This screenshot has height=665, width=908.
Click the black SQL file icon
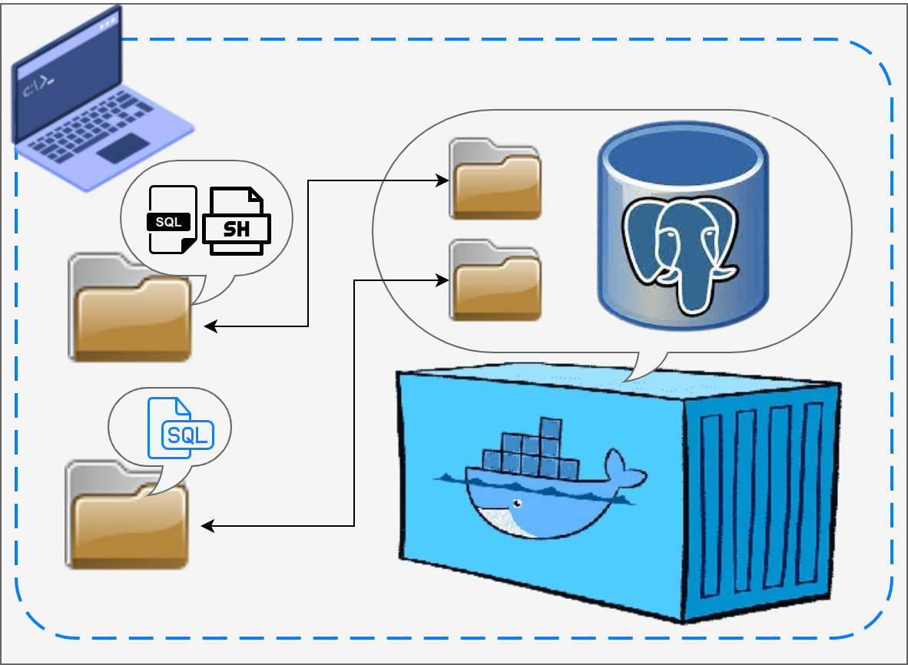coord(171,220)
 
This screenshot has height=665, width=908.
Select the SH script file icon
coord(236,222)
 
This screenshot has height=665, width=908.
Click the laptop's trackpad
coord(123,147)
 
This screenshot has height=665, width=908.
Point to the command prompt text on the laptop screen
coord(37,88)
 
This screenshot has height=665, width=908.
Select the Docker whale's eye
coord(518,504)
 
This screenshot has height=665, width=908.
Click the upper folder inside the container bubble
coord(495,180)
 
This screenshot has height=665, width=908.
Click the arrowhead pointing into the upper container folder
coord(443,180)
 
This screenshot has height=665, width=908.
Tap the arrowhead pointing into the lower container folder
coord(443,280)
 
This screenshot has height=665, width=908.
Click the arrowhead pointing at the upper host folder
coord(210,326)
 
